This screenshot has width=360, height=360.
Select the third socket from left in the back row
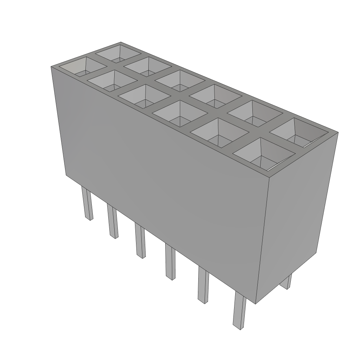coord(180,81)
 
